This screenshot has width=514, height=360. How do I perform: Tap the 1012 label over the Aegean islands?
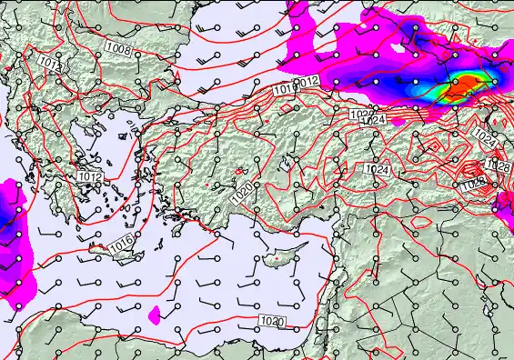pyautogui.click(x=89, y=175)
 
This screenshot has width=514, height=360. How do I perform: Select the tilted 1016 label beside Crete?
pyautogui.click(x=121, y=243)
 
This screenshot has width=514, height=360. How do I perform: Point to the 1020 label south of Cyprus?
pyautogui.click(x=271, y=322)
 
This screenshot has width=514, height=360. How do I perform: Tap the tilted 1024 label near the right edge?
pyautogui.click(x=485, y=138)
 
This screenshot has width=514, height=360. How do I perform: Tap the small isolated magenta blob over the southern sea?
pyautogui.click(x=154, y=315)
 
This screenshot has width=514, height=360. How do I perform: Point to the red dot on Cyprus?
pyautogui.click(x=275, y=258)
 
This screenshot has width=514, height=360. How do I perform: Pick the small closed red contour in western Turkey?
pyautogui.click(x=241, y=170)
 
